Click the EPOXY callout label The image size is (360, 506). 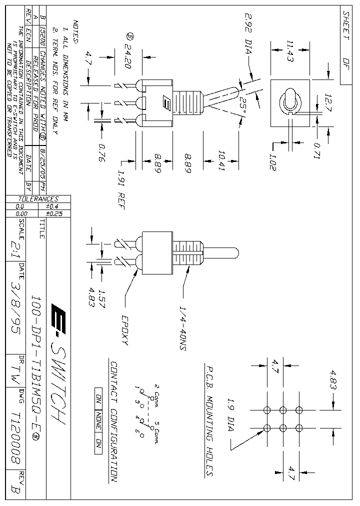(124, 330)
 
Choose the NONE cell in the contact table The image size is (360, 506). (98, 420)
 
